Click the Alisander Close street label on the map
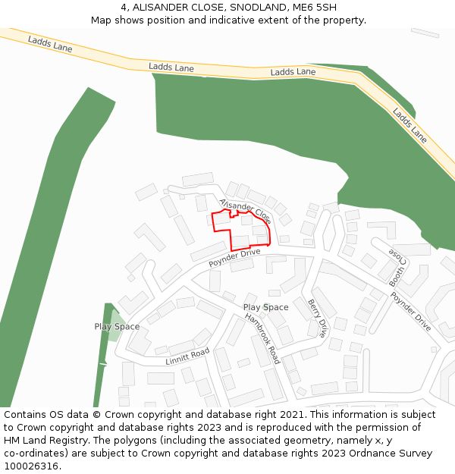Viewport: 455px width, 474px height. (x=245, y=210)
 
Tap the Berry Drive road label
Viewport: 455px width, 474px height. (x=318, y=318)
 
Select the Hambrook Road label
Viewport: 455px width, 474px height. (x=262, y=338)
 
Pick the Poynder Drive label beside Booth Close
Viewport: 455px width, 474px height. (x=411, y=312)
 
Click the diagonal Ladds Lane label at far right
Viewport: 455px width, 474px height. (x=409, y=125)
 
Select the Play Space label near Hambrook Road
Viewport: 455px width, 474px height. (x=265, y=307)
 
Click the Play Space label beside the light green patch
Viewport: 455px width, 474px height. (x=117, y=327)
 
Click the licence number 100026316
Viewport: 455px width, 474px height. (x=30, y=466)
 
